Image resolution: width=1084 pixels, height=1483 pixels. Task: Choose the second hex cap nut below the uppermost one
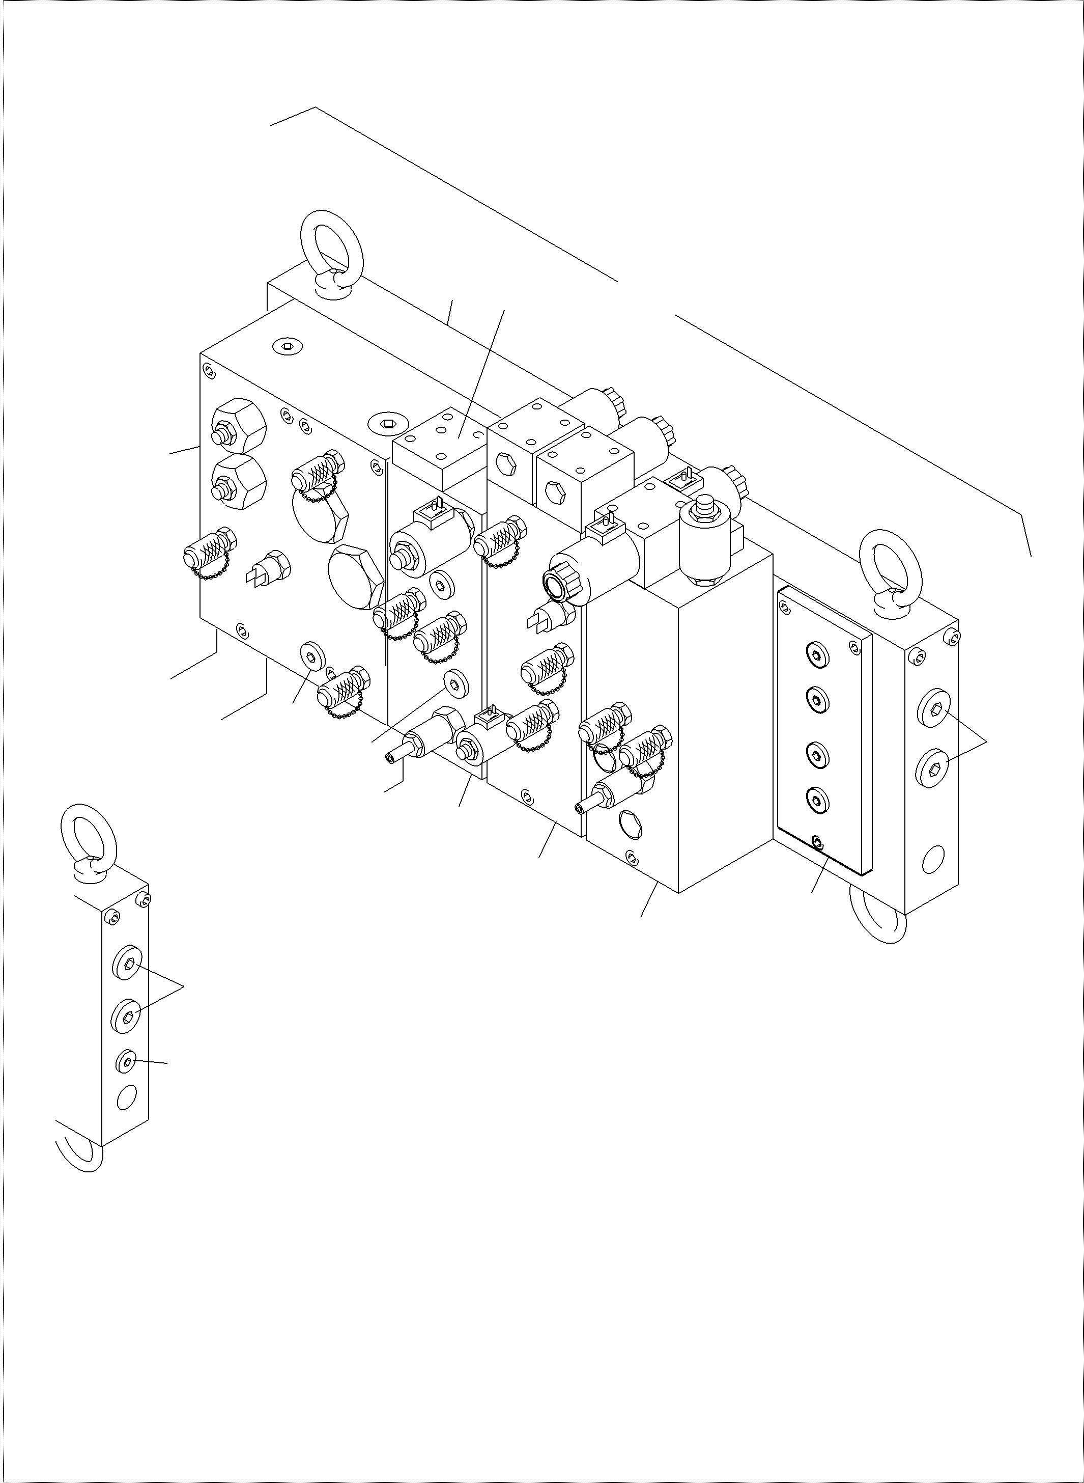point(239,481)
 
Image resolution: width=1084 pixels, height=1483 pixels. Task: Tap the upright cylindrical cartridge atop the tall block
point(703,543)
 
